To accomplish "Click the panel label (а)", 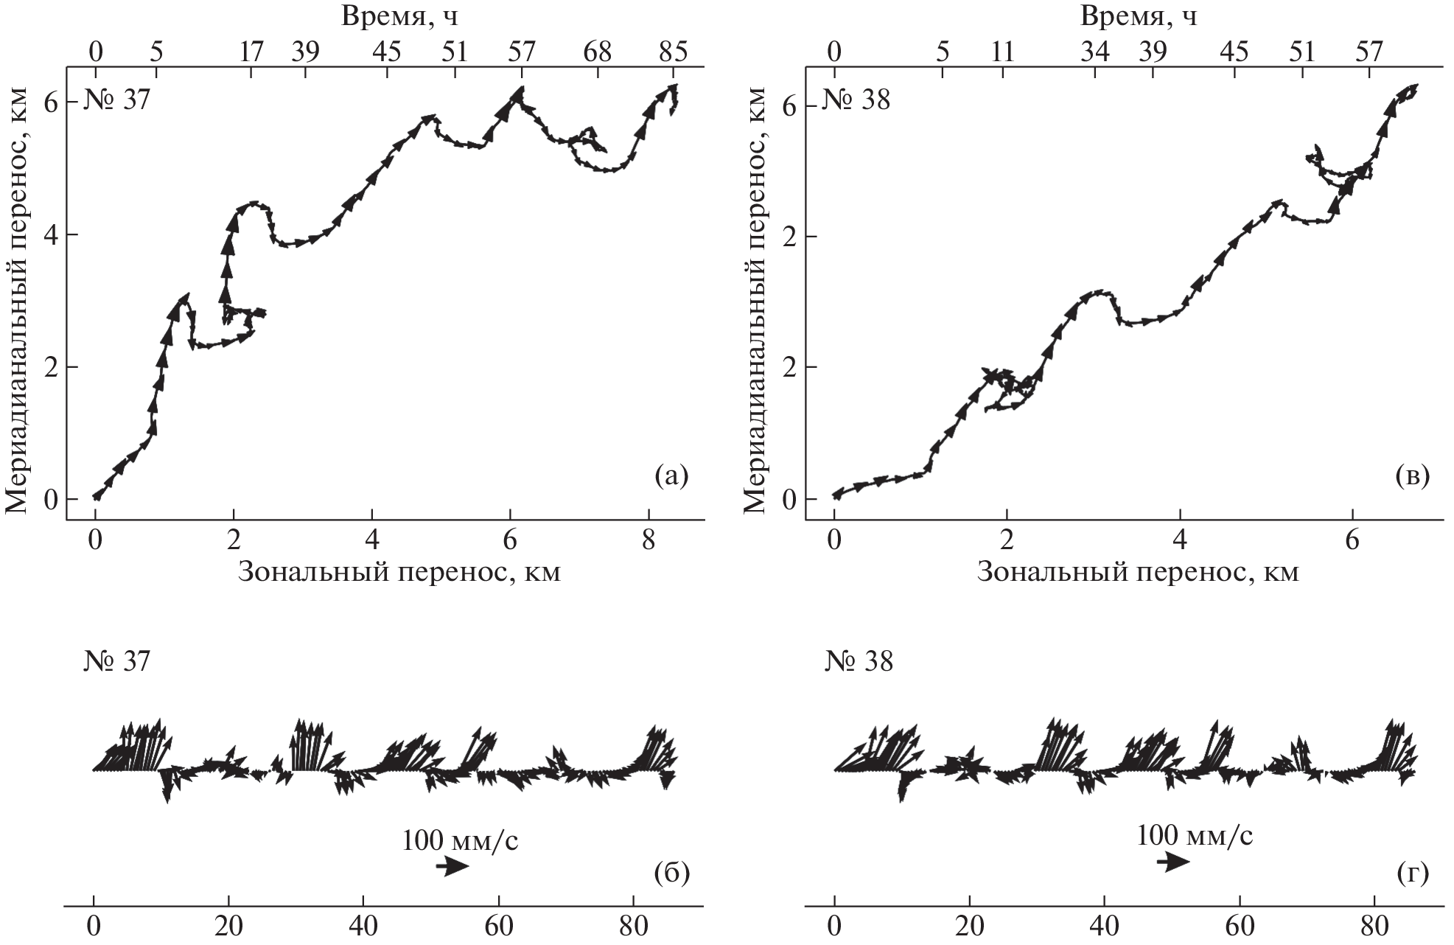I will (671, 477).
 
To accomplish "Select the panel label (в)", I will (1412, 477).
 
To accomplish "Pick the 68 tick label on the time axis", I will (597, 52).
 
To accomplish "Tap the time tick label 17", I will (251, 52).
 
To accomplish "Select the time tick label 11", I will (1002, 52).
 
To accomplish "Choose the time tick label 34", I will (1094, 52).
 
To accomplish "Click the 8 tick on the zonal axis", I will (649, 540).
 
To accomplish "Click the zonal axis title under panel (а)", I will (399, 572).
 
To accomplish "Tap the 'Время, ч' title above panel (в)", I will (1139, 15).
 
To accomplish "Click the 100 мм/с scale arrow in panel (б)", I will (452, 867).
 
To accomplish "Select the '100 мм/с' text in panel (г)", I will (1195, 836).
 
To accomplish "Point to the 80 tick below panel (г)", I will (1375, 925).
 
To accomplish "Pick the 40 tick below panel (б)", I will (364, 925).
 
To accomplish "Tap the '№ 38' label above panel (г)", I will (859, 662).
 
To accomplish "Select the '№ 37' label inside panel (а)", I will (118, 99).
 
